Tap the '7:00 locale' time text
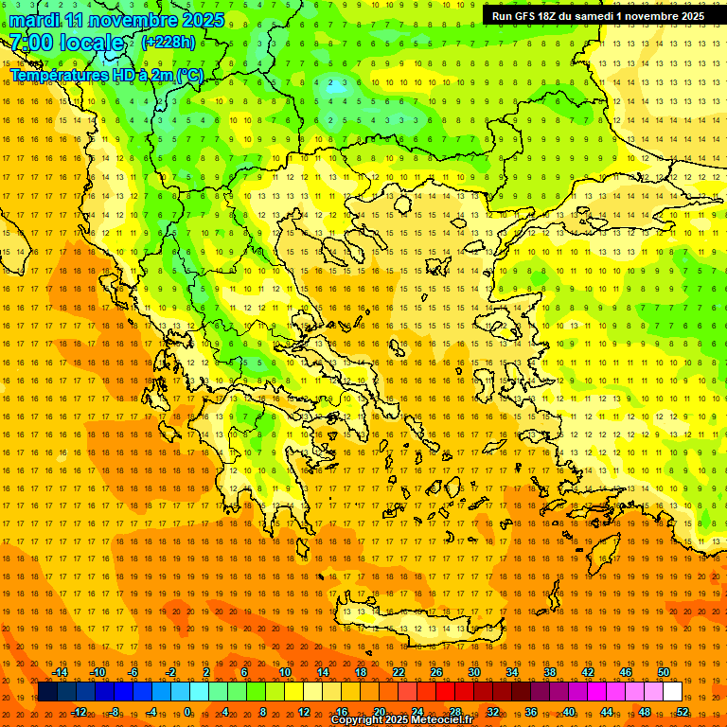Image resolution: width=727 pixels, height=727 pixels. coord(66,43)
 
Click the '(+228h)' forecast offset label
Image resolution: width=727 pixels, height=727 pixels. coord(168,43)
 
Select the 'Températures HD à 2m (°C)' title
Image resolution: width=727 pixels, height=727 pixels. coord(106,75)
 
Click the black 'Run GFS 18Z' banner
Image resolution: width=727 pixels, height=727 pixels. coord(597,16)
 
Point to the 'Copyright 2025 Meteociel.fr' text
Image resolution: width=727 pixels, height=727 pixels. coord(400,720)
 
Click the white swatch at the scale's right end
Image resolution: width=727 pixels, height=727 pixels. coord(672,692)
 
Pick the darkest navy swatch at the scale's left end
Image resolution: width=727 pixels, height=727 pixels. coord(47,692)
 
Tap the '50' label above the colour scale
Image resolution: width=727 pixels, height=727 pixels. coord(664,673)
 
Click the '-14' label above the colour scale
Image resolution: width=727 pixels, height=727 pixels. coord(60,673)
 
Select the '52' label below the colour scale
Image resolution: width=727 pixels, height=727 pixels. coord(682,711)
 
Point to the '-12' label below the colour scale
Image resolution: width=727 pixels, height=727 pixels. coord(79,711)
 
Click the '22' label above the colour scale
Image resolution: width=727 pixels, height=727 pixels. coord(399,673)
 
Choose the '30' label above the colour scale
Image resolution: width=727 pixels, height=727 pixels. coord(474,673)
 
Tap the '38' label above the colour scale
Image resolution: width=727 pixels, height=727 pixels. coord(550,673)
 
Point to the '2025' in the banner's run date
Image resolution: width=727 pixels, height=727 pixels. coord(690,16)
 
